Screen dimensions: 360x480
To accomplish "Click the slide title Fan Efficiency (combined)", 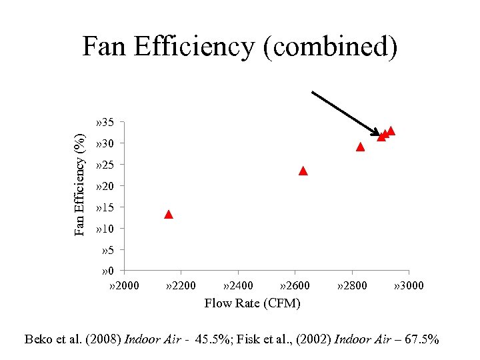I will click(x=240, y=47).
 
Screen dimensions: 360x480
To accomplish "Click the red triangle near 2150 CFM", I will click(x=169, y=215).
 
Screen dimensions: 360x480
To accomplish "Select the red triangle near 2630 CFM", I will click(x=303, y=171).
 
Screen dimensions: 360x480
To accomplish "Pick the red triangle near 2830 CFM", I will click(x=361, y=147).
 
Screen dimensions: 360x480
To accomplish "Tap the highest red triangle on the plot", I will click(x=391, y=131).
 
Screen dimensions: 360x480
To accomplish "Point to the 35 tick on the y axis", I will click(x=106, y=123).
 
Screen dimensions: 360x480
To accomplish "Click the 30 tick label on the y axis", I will click(x=106, y=144).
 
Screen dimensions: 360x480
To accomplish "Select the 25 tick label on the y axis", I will click(x=106, y=165).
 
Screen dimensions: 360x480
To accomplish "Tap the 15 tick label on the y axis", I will click(x=106, y=208).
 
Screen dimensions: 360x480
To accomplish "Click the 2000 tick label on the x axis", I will click(x=124, y=286).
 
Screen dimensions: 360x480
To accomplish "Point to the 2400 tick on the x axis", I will click(x=238, y=286).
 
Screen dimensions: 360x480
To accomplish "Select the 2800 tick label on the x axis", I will click(x=352, y=286).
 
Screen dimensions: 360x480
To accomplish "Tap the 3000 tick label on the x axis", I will click(x=409, y=286).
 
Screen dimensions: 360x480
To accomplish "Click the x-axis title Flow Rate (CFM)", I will click(x=252, y=303).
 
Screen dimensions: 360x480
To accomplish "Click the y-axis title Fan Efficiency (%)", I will click(x=80, y=184).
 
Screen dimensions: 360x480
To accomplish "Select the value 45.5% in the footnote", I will click(x=216, y=339).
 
